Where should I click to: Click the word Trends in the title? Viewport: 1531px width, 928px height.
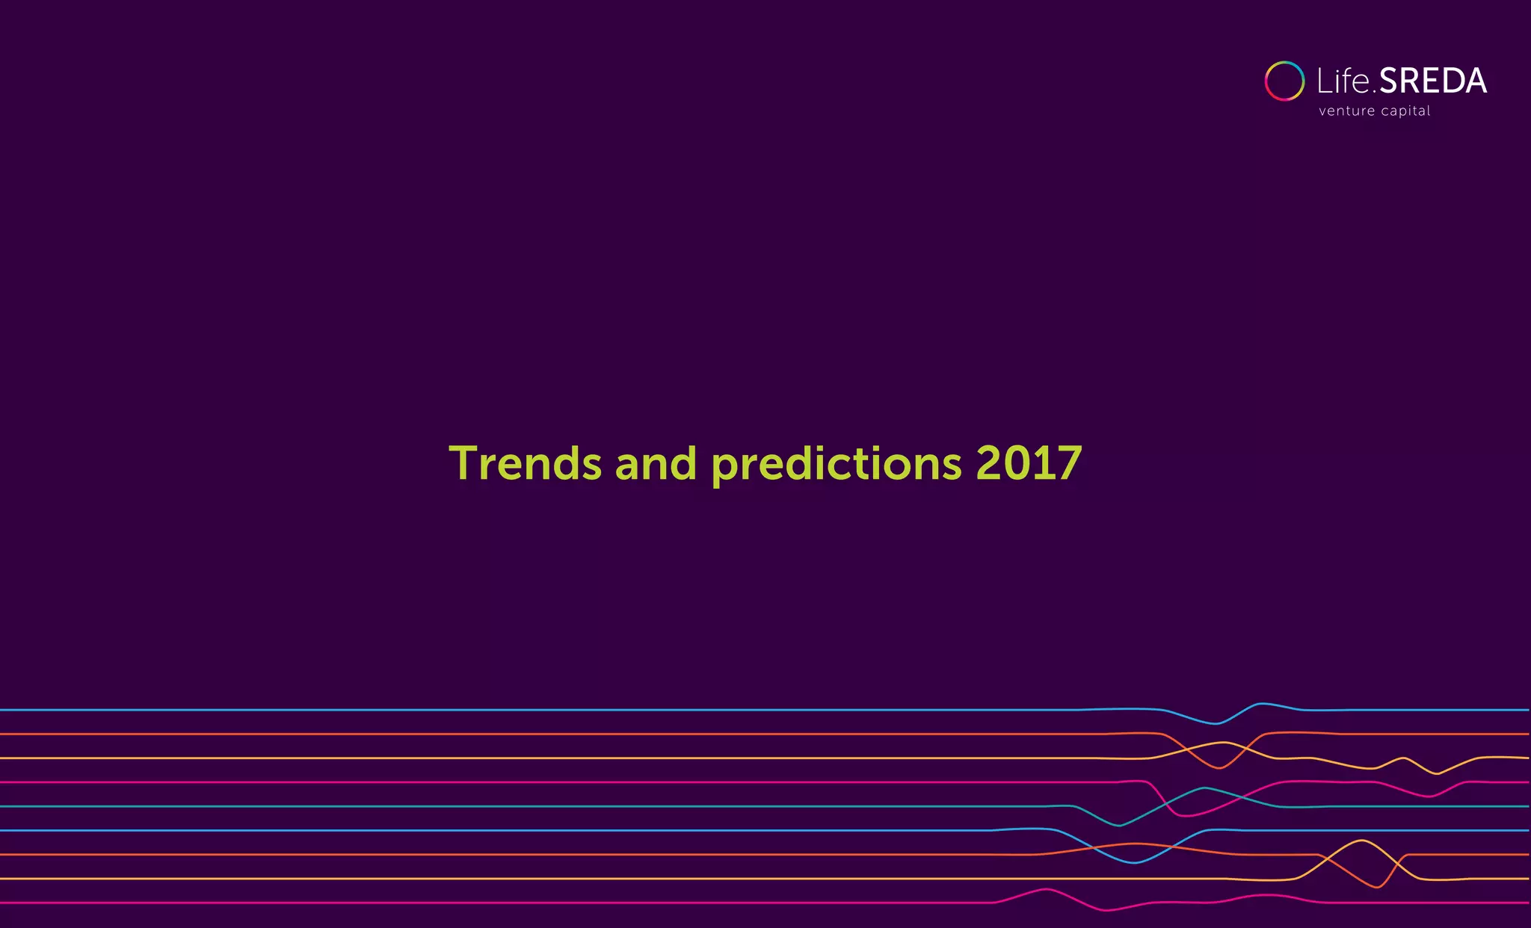pos(525,463)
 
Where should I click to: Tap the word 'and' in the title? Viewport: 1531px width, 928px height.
pos(656,463)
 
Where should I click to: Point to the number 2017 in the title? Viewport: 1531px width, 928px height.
pos(1029,463)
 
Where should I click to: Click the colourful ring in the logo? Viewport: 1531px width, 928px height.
pos(1284,81)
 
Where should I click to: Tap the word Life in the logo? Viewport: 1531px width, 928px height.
pos(1344,81)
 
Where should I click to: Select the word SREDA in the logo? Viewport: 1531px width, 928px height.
pos(1432,81)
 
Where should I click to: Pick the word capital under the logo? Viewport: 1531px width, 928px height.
pos(1406,111)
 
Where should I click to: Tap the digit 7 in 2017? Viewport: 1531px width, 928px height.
pos(1068,463)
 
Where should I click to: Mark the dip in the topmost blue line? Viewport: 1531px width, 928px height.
pos(1215,723)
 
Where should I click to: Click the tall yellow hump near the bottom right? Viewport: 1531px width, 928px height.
pos(1362,841)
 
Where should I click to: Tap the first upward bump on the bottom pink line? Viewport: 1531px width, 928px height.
pos(1046,889)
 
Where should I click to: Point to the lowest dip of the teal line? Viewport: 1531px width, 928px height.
pos(1119,825)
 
